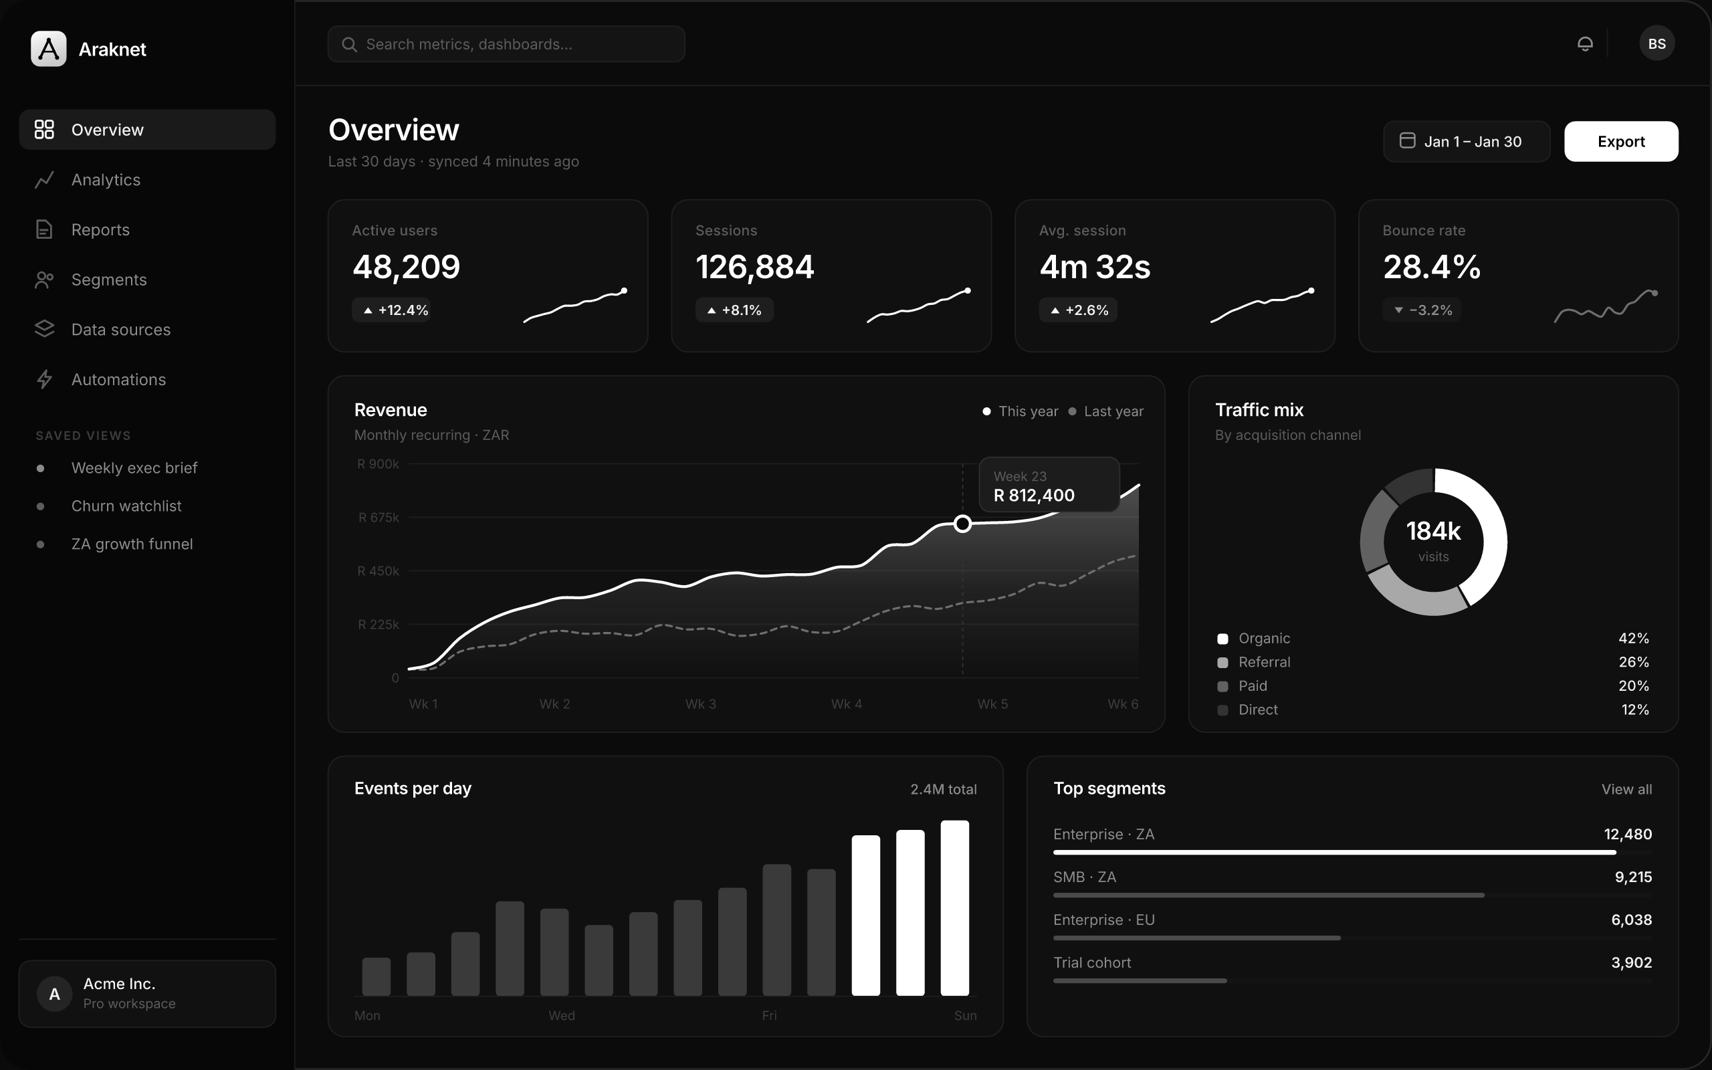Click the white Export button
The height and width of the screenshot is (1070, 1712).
tap(1621, 142)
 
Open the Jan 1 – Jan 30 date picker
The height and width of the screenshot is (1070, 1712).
tap(1466, 142)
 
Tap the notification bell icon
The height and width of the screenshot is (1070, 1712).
tap(1585, 44)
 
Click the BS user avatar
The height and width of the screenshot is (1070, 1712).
tap(1656, 44)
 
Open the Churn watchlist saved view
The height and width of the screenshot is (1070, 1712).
tap(126, 506)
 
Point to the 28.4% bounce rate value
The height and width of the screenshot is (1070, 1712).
tap(1431, 267)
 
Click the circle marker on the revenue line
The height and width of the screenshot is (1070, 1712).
tap(962, 524)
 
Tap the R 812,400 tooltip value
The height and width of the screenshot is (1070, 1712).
tap(1034, 496)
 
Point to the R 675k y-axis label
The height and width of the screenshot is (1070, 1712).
tap(379, 518)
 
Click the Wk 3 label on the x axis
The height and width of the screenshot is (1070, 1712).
tap(700, 704)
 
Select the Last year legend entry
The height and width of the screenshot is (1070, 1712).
tap(1105, 411)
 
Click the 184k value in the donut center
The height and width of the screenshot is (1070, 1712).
tap(1433, 531)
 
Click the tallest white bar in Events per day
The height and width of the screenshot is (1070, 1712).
tap(954, 908)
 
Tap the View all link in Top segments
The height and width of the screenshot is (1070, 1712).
tap(1626, 789)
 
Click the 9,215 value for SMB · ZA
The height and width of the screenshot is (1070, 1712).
tap(1633, 877)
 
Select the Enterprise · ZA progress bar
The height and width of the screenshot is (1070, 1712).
tap(1334, 853)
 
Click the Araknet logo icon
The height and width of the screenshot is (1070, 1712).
tap(49, 49)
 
